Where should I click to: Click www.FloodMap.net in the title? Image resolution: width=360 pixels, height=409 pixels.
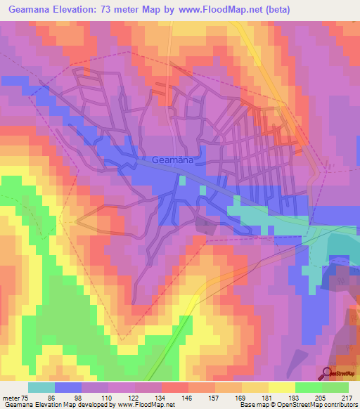pos(223,11)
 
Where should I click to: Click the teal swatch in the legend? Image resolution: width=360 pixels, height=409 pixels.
pos(41,387)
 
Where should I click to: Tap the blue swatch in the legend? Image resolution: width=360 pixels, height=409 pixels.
pos(68,387)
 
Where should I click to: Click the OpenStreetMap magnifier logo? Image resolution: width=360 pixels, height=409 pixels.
pos(328,373)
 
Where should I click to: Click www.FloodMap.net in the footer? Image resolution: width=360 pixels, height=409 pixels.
pos(152,405)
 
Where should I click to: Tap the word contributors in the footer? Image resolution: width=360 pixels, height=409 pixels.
pos(340,405)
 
